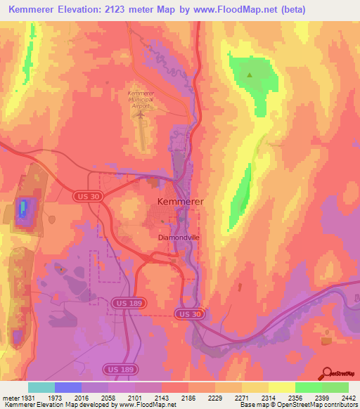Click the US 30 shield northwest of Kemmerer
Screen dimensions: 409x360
coord(84,198)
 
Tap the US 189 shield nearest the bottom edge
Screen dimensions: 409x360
coord(116,369)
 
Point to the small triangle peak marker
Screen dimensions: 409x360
coord(249,73)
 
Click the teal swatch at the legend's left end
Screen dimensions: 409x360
coord(41,387)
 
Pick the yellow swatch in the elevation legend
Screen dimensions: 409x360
coord(282,387)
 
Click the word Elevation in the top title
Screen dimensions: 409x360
coord(93,8)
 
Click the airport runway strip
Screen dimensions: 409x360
coord(144,131)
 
